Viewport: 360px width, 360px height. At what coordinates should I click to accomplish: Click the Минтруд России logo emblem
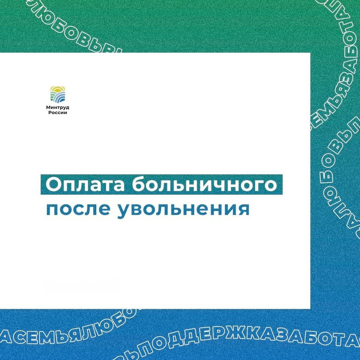(58, 94)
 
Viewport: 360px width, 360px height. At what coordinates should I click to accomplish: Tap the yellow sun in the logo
(58, 88)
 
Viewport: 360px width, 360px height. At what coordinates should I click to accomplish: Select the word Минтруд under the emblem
(58, 108)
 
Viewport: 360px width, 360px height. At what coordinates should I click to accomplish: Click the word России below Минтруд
(58, 113)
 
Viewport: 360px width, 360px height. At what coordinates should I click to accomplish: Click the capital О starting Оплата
(54, 185)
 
